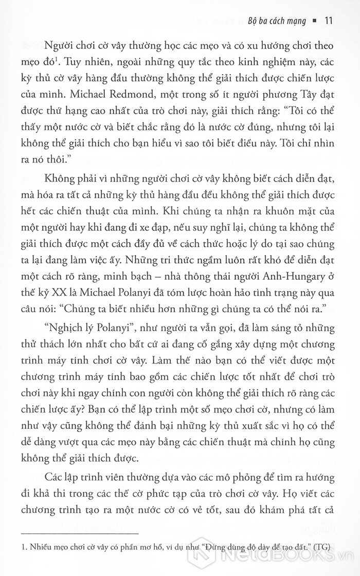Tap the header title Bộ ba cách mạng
279,21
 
